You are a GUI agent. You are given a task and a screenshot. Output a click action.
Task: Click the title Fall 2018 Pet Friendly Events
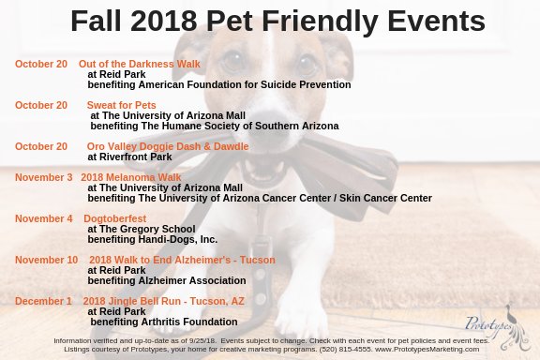[277, 21]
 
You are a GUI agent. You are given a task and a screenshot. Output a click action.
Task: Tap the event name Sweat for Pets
[122, 105]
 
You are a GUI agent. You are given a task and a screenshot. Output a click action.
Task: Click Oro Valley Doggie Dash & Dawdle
[168, 146]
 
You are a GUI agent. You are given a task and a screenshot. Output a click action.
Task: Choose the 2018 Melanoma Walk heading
[131, 177]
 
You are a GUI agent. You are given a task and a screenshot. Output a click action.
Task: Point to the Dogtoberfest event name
[115, 218]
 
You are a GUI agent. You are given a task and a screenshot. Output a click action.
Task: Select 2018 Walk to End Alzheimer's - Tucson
[182, 260]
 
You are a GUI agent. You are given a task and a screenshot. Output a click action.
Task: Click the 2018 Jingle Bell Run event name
[164, 301]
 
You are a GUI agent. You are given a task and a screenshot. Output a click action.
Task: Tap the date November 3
[43, 177]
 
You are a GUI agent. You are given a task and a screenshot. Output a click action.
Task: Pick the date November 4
[43, 218]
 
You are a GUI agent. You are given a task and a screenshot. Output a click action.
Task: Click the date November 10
[46, 260]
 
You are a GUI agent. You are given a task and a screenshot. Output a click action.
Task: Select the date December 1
[43, 301]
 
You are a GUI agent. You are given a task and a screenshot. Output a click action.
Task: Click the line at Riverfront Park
[129, 157]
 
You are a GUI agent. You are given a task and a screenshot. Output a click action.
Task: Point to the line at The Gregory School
[142, 229]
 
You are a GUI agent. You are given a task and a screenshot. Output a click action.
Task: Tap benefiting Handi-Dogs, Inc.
[152, 239]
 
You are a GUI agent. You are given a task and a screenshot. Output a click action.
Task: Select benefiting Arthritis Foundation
[163, 322]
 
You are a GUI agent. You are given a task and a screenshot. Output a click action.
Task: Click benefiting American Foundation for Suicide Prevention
[219, 84]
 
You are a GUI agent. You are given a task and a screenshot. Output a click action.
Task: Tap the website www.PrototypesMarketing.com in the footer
[427, 349]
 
